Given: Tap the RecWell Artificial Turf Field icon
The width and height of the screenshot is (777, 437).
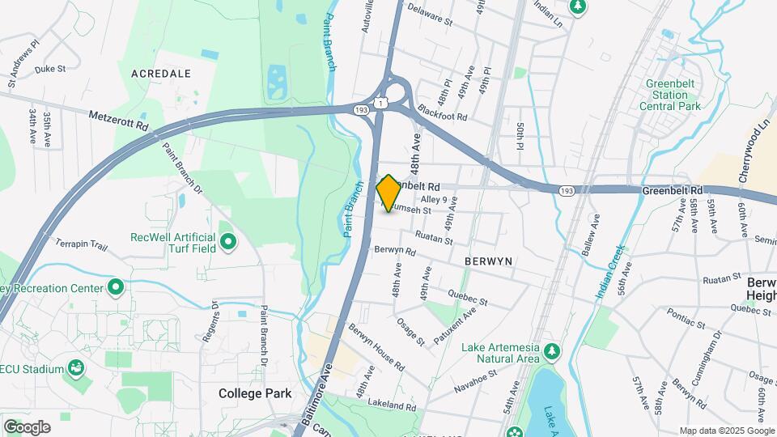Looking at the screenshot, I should point(228,240).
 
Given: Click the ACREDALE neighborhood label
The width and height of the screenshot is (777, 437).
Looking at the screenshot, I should point(161,74).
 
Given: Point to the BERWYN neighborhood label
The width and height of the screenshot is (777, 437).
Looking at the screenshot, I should point(490,262).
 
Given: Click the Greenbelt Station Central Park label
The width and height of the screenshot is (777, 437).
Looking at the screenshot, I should point(669,95).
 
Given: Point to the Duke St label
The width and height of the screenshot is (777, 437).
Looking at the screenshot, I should point(49,70).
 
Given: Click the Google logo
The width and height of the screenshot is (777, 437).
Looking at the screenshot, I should point(27,426).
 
